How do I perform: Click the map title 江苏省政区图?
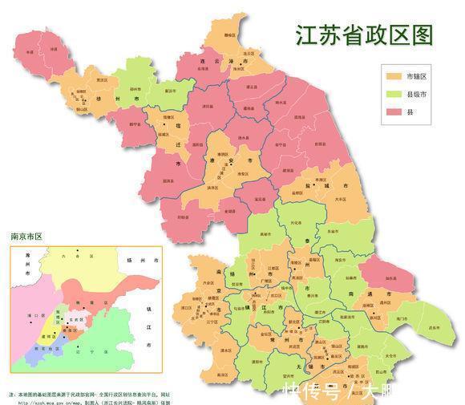(364, 35)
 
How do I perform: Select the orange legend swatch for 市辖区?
(394, 76)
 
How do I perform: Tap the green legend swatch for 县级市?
(394, 94)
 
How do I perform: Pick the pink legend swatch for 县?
(394, 111)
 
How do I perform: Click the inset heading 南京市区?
(26, 237)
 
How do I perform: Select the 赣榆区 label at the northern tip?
(229, 35)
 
